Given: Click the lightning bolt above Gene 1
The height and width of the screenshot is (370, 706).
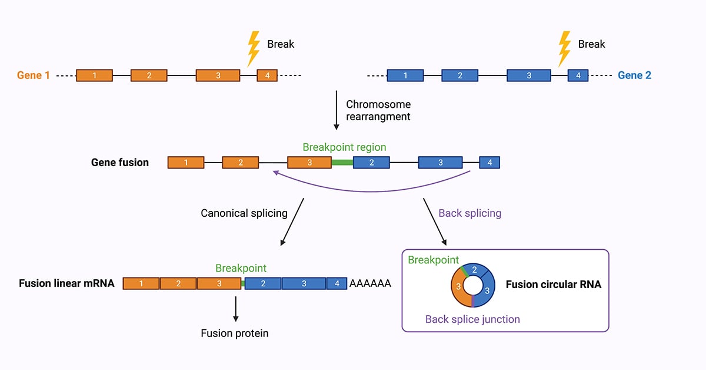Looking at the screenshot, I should [x=254, y=48].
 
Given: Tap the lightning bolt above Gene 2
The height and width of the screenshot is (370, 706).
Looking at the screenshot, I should [x=564, y=48].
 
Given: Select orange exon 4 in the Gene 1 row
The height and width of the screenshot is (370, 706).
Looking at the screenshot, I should [x=267, y=75].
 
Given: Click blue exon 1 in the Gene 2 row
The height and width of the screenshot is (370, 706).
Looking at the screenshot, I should [x=405, y=75].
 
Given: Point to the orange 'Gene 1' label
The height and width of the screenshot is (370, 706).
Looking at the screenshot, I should [x=34, y=75].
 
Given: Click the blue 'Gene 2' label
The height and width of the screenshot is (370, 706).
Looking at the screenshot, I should [x=634, y=75].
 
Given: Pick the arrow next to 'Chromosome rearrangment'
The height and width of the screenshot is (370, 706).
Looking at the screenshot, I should [x=337, y=110].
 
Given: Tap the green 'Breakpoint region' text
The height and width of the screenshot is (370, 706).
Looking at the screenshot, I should [x=344, y=147].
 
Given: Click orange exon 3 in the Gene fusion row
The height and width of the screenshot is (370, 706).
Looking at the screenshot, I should [x=309, y=163].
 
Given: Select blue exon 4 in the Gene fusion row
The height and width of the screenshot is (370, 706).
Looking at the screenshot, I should [x=489, y=163].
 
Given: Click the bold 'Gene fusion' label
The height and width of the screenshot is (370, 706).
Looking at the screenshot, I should [x=120, y=163].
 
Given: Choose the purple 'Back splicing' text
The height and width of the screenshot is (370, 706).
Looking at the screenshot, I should [x=469, y=213].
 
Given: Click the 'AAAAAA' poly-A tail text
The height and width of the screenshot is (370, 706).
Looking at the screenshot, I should [x=370, y=283].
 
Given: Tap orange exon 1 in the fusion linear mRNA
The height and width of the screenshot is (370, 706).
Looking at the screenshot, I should [x=141, y=283].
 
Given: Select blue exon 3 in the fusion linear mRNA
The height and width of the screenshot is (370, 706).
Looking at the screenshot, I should [x=304, y=283].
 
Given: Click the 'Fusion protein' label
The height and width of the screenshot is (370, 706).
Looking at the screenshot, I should [x=235, y=333].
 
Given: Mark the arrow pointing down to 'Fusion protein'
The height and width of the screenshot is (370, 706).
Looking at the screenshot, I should [x=235, y=309].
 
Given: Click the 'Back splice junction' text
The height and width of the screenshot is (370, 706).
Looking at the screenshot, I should [x=472, y=319].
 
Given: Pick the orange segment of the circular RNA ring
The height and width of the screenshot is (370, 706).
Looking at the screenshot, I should [x=458, y=288].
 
